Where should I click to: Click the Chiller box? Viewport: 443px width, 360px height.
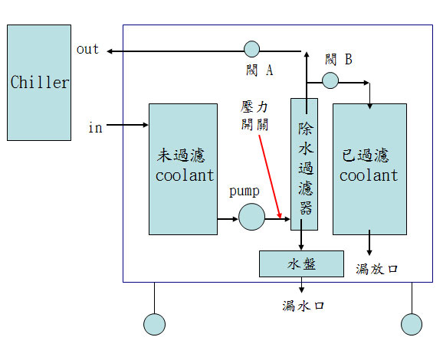39,83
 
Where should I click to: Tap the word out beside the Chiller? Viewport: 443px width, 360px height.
87,49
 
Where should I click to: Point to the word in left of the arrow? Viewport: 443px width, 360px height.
95,127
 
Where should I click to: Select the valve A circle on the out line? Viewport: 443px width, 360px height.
251,49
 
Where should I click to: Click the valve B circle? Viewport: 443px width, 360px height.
330,80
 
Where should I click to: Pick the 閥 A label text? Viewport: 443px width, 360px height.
259,70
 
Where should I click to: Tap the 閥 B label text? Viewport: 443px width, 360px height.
339,60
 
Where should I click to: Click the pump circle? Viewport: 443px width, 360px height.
251,217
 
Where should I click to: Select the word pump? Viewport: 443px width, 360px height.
244,191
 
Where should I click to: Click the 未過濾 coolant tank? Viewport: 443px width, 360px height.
183,169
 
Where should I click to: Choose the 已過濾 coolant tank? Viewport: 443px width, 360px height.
370,169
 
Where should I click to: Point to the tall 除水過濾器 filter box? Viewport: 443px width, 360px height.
304,165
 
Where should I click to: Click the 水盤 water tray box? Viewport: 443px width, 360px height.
301,263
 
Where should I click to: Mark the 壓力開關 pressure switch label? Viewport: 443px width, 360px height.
254,116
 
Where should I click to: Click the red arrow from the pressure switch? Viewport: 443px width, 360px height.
270,177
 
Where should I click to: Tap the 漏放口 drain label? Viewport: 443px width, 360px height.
377,269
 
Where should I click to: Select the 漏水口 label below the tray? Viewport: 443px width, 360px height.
303,306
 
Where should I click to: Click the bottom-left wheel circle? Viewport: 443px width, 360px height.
154,324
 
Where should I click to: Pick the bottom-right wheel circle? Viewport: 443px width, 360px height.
412,324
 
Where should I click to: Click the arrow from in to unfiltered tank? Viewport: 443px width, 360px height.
127,125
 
